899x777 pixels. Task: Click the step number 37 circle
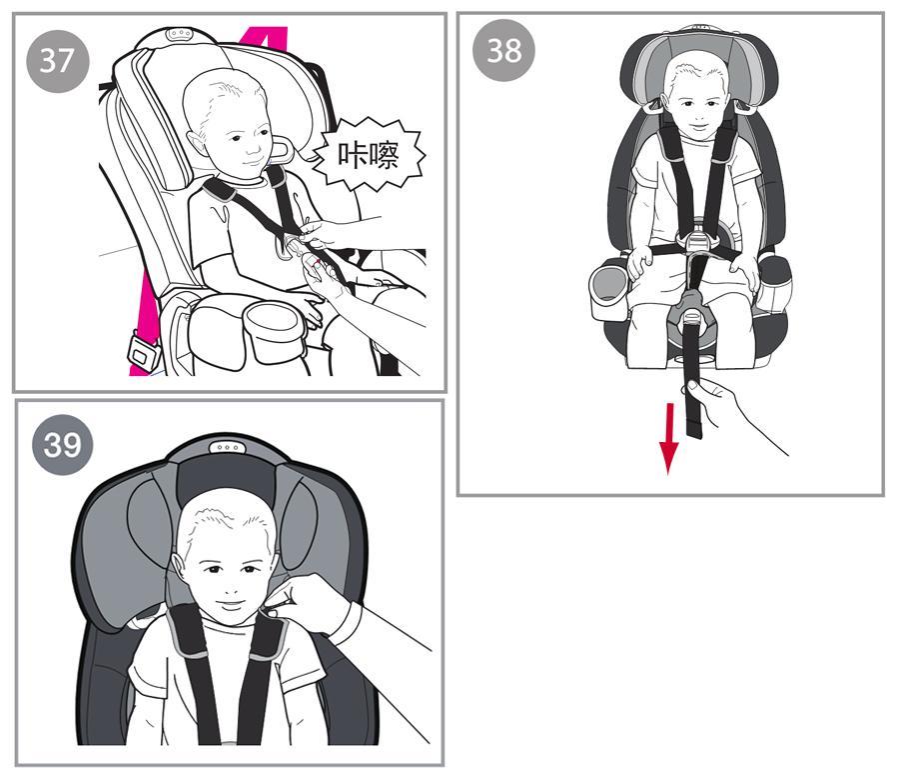pyautogui.click(x=58, y=61)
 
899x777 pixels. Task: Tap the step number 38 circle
pyautogui.click(x=503, y=50)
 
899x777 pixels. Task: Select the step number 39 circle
pyautogui.click(x=62, y=445)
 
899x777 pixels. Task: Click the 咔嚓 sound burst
pyautogui.click(x=369, y=154)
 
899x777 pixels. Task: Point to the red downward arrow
pyautogui.click(x=668, y=438)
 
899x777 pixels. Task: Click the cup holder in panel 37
pyautogui.click(x=273, y=332)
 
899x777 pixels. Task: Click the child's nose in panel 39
pyautogui.click(x=231, y=588)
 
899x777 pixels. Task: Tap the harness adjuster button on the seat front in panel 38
pyautogui.click(x=692, y=316)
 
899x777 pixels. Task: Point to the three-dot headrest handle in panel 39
pyautogui.click(x=228, y=447)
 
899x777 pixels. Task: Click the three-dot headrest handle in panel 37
pyautogui.click(x=179, y=33)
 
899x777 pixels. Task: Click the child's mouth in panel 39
pyautogui.click(x=230, y=605)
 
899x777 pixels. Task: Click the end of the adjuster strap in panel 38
pyautogui.click(x=695, y=429)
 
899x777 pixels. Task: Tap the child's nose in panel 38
pyautogui.click(x=697, y=115)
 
